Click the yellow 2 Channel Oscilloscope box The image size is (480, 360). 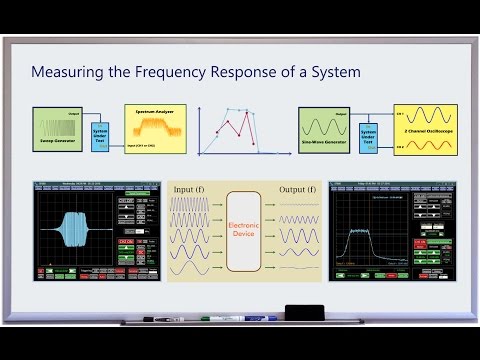(x=424, y=130)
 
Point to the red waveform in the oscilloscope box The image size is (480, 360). (x=424, y=146)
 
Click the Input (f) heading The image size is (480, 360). (x=197, y=188)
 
